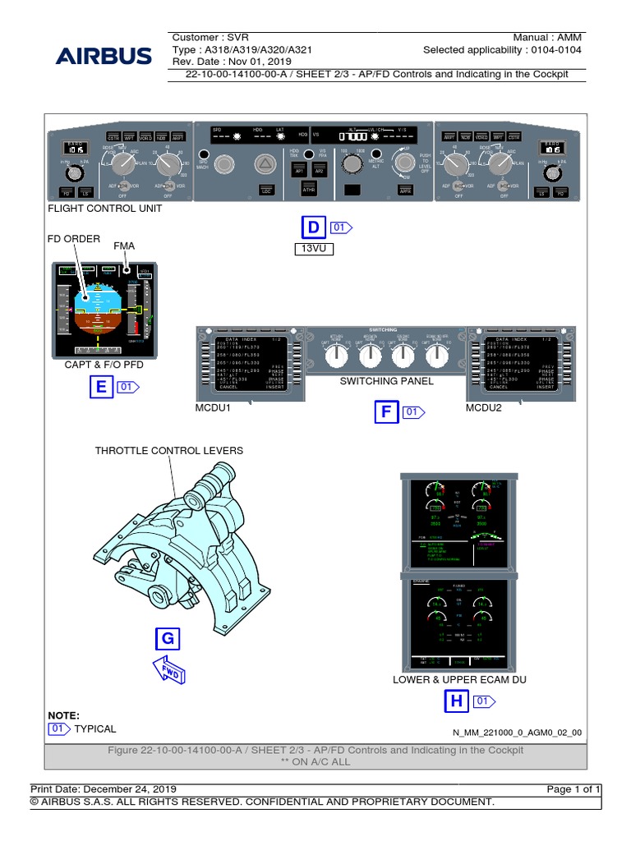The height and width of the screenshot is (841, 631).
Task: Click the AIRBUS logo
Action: tap(104, 56)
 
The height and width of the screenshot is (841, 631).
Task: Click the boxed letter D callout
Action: tap(313, 227)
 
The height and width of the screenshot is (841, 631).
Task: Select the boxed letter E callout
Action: tap(101, 387)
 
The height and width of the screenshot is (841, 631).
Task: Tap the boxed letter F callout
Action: tap(386, 412)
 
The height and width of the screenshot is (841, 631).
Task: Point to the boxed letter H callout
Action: tap(455, 701)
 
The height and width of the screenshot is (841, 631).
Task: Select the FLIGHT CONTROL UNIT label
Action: tap(106, 209)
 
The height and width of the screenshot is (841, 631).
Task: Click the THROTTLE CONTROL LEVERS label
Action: tap(168, 451)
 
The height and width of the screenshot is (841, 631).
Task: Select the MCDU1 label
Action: tap(214, 407)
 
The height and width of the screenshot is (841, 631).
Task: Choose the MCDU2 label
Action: tap(484, 407)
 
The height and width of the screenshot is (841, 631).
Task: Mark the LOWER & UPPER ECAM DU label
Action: tap(459, 679)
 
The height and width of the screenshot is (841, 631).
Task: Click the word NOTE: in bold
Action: tap(63, 715)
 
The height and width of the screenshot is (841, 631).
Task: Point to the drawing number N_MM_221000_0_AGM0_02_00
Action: tap(517, 733)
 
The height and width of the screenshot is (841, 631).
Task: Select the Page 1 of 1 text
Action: tap(573, 788)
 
